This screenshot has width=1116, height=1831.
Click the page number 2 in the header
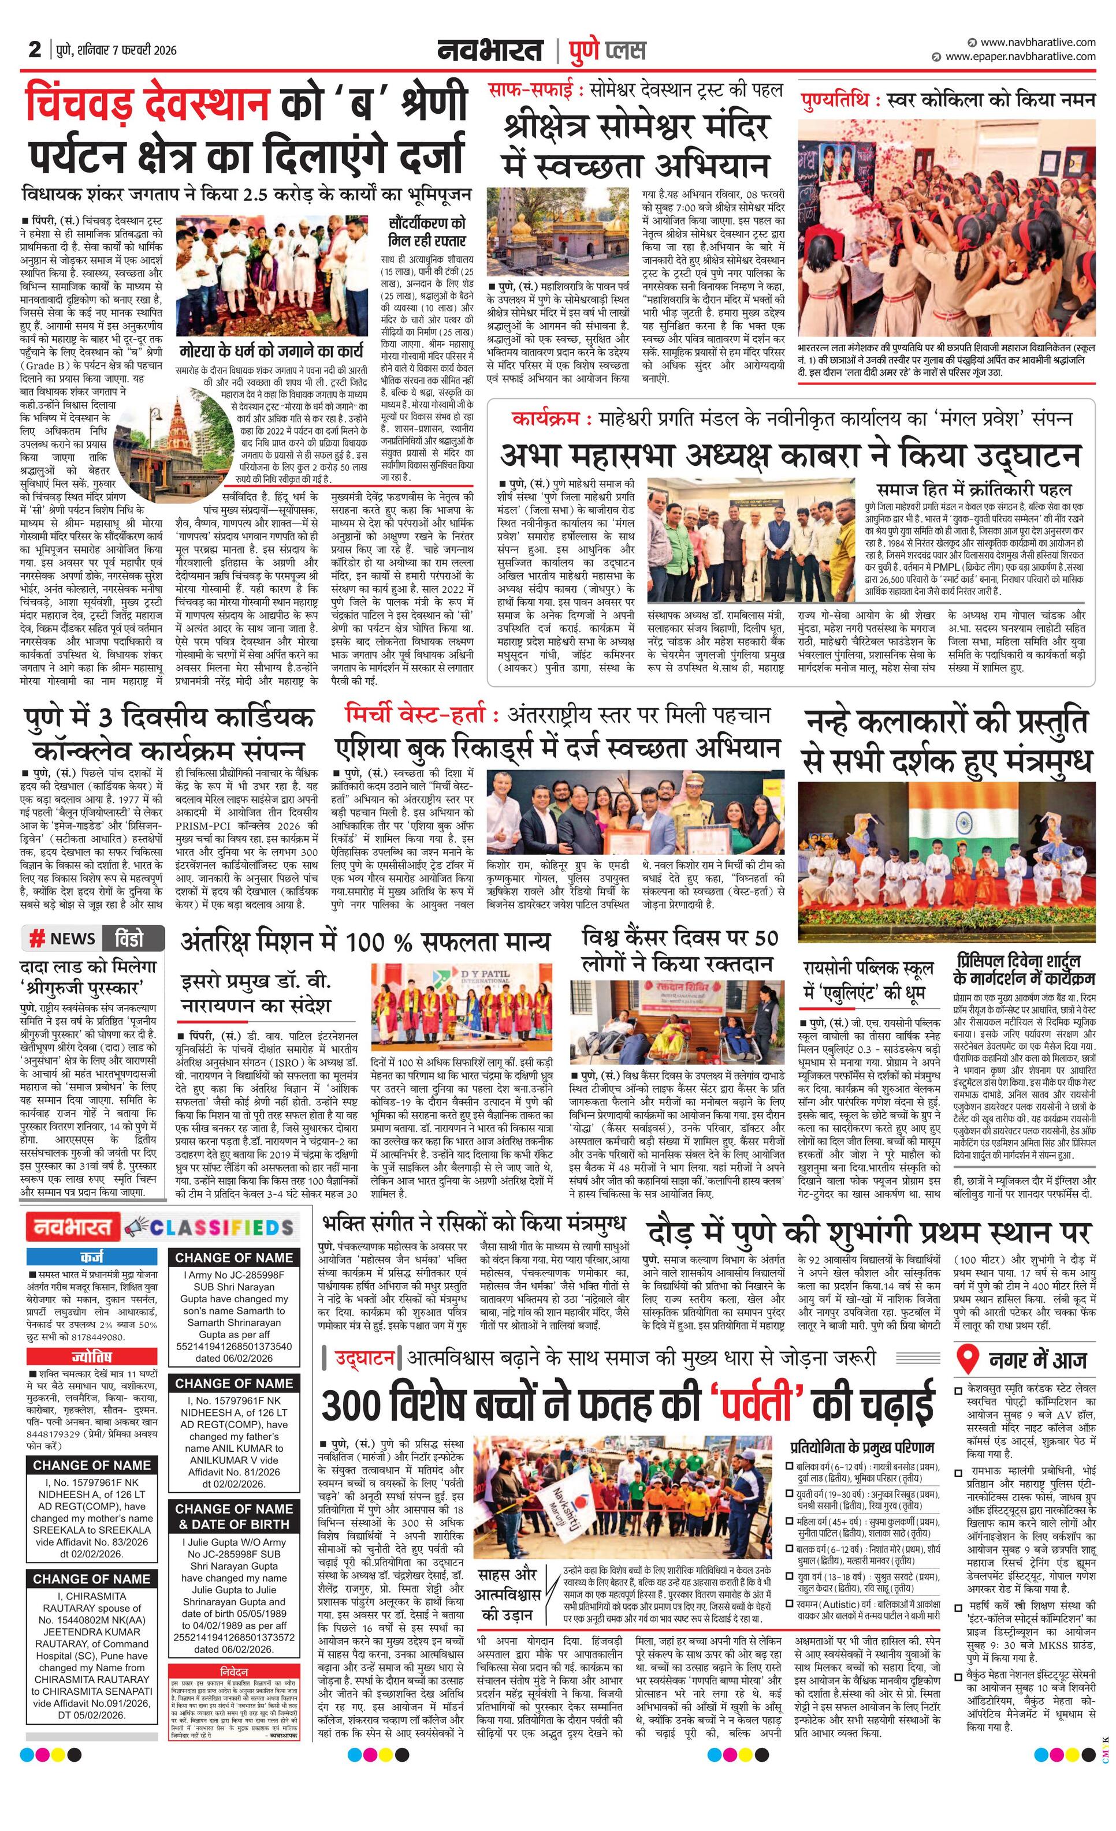(x=34, y=50)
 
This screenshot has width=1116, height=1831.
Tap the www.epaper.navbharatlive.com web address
(x=1020, y=57)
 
